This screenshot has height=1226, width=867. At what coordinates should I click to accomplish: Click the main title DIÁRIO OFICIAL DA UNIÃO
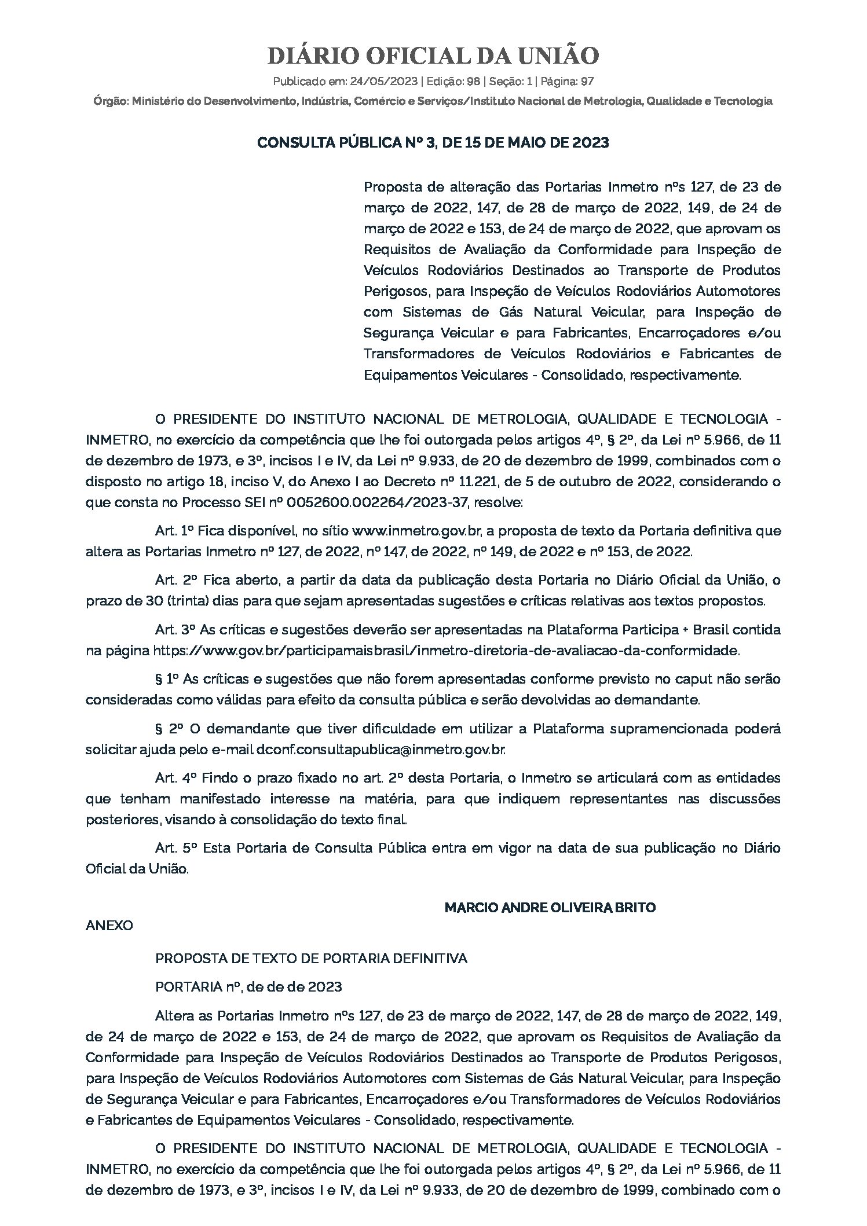[433, 56]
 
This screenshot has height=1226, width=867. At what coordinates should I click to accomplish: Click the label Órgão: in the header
[111, 101]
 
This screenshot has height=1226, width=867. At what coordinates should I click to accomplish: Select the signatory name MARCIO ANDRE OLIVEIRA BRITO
[550, 908]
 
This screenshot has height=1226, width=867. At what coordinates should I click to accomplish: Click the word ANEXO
[109, 926]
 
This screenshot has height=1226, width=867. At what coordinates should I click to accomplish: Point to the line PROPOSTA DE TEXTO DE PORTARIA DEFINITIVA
[311, 959]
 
